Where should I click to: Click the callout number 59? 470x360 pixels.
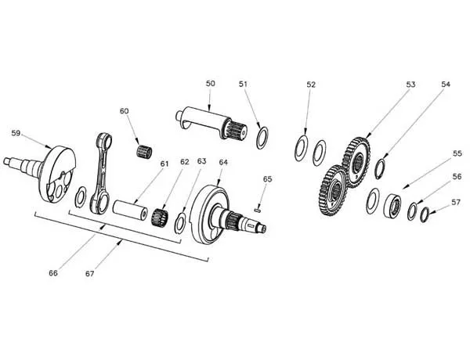[x=16, y=133]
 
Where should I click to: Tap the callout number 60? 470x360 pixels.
[x=124, y=111]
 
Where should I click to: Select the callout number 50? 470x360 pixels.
[x=211, y=83]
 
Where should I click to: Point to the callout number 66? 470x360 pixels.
[x=53, y=273]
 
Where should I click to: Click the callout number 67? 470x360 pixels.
[x=89, y=274]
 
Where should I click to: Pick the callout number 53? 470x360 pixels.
[x=410, y=85]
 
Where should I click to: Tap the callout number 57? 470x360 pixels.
[x=456, y=203]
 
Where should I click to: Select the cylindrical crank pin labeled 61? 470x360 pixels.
[x=130, y=210]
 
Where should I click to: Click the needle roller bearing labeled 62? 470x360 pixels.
[x=160, y=218]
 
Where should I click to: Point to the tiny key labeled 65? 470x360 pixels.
[x=258, y=211]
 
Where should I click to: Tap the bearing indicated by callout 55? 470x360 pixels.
[x=392, y=206]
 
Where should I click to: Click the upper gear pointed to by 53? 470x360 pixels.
[x=356, y=162]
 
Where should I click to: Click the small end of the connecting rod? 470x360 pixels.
[x=104, y=141]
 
